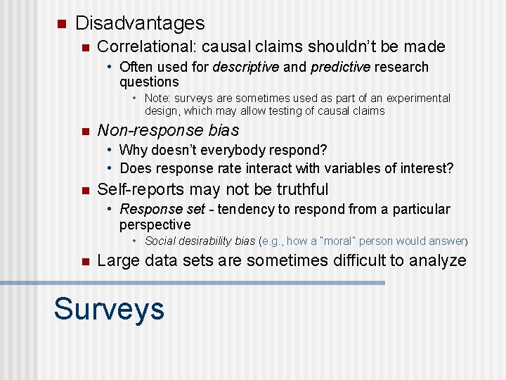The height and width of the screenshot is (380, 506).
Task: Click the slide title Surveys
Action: (109, 309)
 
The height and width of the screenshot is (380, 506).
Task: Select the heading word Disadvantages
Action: (140, 23)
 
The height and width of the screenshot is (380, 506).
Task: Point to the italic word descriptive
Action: (246, 67)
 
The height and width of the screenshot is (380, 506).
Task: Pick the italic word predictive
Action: (341, 67)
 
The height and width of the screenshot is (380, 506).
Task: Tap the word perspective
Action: (155, 225)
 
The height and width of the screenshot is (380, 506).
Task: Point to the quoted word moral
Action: (335, 241)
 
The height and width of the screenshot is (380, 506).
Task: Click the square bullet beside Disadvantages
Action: (60, 24)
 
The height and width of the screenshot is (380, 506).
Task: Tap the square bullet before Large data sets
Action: (84, 262)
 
